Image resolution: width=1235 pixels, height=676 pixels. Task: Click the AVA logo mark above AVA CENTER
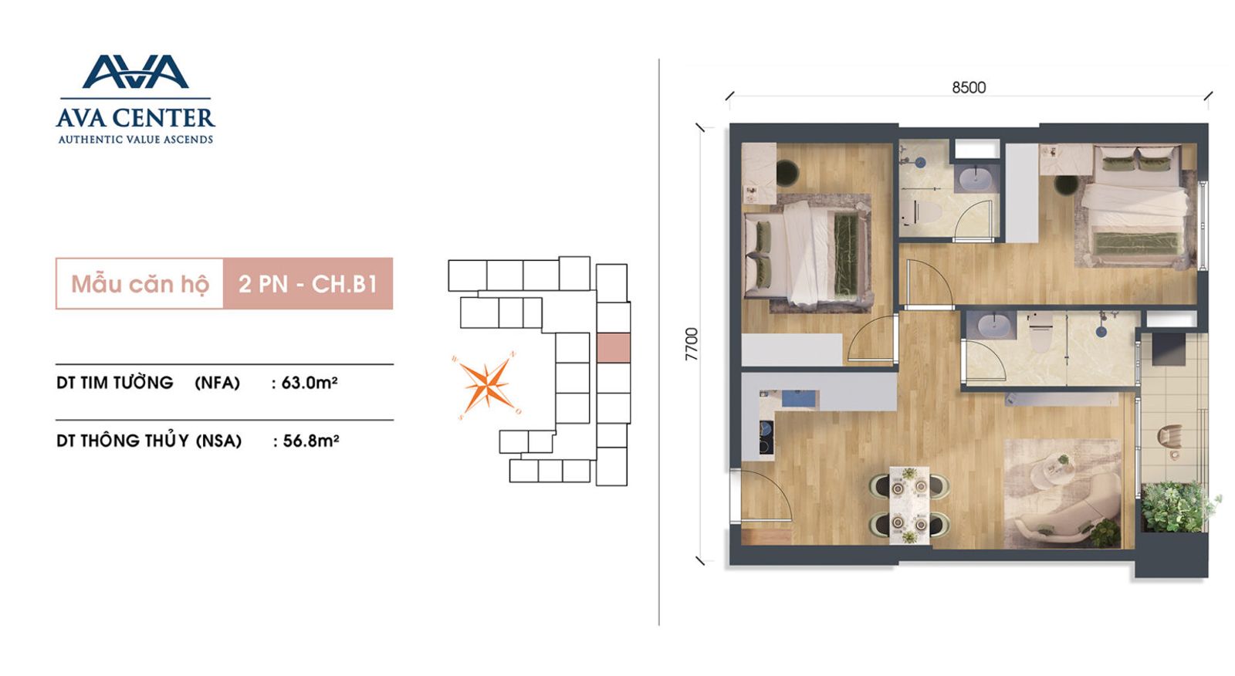click(x=136, y=72)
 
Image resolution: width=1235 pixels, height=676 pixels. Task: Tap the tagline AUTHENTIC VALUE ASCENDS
click(x=136, y=140)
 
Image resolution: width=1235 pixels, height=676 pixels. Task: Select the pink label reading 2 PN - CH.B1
click(x=308, y=283)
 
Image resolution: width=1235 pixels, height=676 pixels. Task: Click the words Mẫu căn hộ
click(x=140, y=284)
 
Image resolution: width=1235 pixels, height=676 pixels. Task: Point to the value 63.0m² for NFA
click(x=310, y=382)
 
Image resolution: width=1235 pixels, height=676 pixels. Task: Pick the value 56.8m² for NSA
click(x=311, y=441)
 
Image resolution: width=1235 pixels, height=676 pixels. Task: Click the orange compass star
click(x=486, y=384)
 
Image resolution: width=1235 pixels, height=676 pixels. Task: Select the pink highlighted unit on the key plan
click(x=614, y=348)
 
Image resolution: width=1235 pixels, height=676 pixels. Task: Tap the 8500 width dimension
click(x=969, y=88)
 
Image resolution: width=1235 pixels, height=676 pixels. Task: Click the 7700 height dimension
click(x=692, y=344)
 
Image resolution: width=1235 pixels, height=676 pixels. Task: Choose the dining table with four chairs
click(x=909, y=505)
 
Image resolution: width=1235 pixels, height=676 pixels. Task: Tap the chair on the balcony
click(x=1169, y=438)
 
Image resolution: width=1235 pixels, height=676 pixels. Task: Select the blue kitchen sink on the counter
click(x=799, y=398)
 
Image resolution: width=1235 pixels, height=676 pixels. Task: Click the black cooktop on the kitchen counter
click(x=766, y=438)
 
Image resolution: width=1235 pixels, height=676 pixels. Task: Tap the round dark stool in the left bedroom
click(x=787, y=172)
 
